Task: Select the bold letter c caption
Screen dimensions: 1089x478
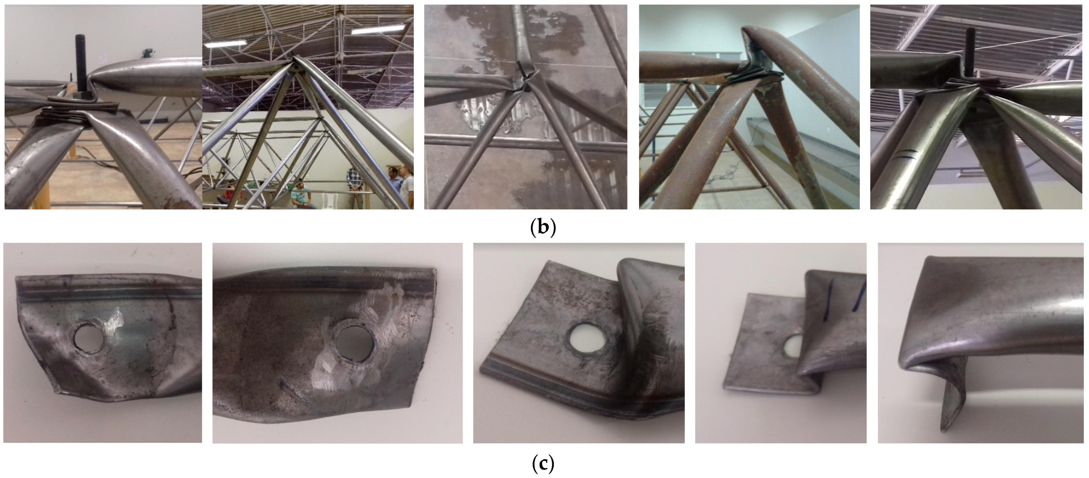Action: (x=543, y=464)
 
